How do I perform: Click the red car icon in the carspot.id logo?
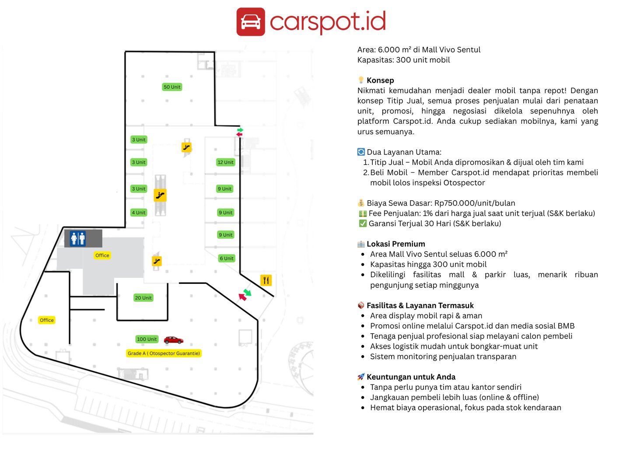(x=251, y=21)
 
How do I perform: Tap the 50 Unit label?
(x=172, y=87)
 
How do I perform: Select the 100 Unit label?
(x=147, y=339)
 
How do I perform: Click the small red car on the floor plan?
(x=174, y=340)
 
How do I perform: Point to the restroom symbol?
(x=78, y=238)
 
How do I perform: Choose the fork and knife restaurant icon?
(x=266, y=280)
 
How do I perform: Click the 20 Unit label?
(x=143, y=298)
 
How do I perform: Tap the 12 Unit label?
(x=226, y=162)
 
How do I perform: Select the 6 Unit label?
(x=227, y=259)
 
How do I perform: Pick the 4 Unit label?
(x=139, y=213)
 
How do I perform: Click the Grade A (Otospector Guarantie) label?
(x=164, y=353)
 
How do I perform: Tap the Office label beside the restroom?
(x=102, y=255)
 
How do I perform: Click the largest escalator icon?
(x=160, y=195)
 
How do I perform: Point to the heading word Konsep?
(x=380, y=80)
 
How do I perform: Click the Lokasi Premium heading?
(x=395, y=244)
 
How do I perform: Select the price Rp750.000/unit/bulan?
(x=475, y=203)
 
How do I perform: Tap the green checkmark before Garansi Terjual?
(x=363, y=224)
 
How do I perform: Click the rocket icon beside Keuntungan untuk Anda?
(x=361, y=377)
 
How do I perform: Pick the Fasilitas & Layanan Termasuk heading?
(x=420, y=305)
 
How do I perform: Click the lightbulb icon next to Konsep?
(x=361, y=80)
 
